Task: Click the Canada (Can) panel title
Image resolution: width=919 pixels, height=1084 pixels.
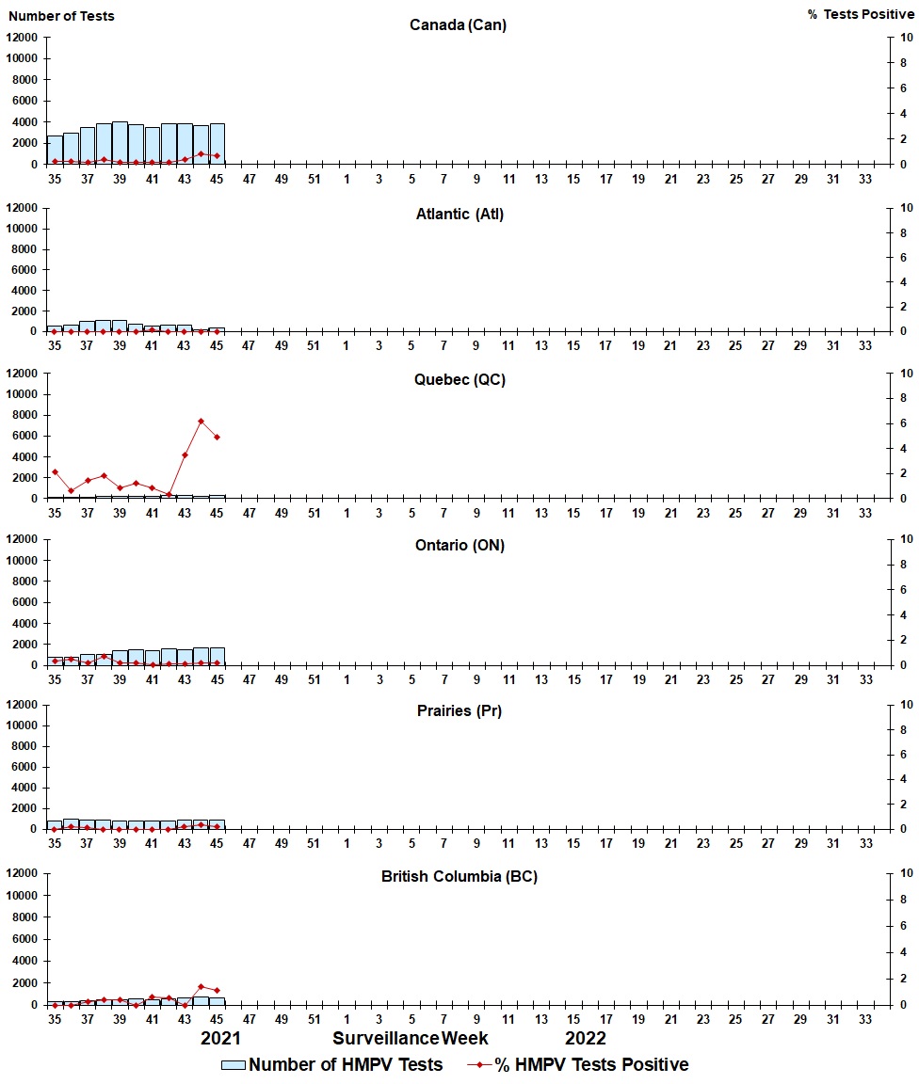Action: [458, 24]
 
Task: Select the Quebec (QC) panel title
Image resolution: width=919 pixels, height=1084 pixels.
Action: [459, 379]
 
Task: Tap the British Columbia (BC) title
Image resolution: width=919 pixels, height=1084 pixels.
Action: [459, 876]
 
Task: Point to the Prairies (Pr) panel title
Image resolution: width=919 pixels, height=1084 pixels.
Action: [459, 710]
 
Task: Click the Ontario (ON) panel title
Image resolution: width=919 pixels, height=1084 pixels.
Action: [459, 545]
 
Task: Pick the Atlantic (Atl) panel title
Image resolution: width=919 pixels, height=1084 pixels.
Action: [459, 214]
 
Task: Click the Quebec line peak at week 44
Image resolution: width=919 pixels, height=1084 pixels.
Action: [201, 421]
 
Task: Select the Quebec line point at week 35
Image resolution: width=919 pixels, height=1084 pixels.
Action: [55, 471]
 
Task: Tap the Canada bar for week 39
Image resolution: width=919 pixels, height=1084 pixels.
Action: [120, 143]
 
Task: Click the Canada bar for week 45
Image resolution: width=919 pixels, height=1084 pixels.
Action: [217, 144]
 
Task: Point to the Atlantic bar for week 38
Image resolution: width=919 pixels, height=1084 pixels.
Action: [104, 326]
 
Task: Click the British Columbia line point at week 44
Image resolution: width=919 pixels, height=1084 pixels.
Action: [201, 986]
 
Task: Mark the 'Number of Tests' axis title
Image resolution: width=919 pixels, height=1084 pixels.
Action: [61, 15]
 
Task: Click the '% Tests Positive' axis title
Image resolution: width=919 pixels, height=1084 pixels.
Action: [861, 15]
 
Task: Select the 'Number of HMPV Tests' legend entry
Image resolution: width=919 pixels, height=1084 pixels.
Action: [331, 1064]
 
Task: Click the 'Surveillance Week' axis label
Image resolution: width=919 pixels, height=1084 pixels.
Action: [411, 1038]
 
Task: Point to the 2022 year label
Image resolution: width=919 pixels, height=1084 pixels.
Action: [585, 1038]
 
